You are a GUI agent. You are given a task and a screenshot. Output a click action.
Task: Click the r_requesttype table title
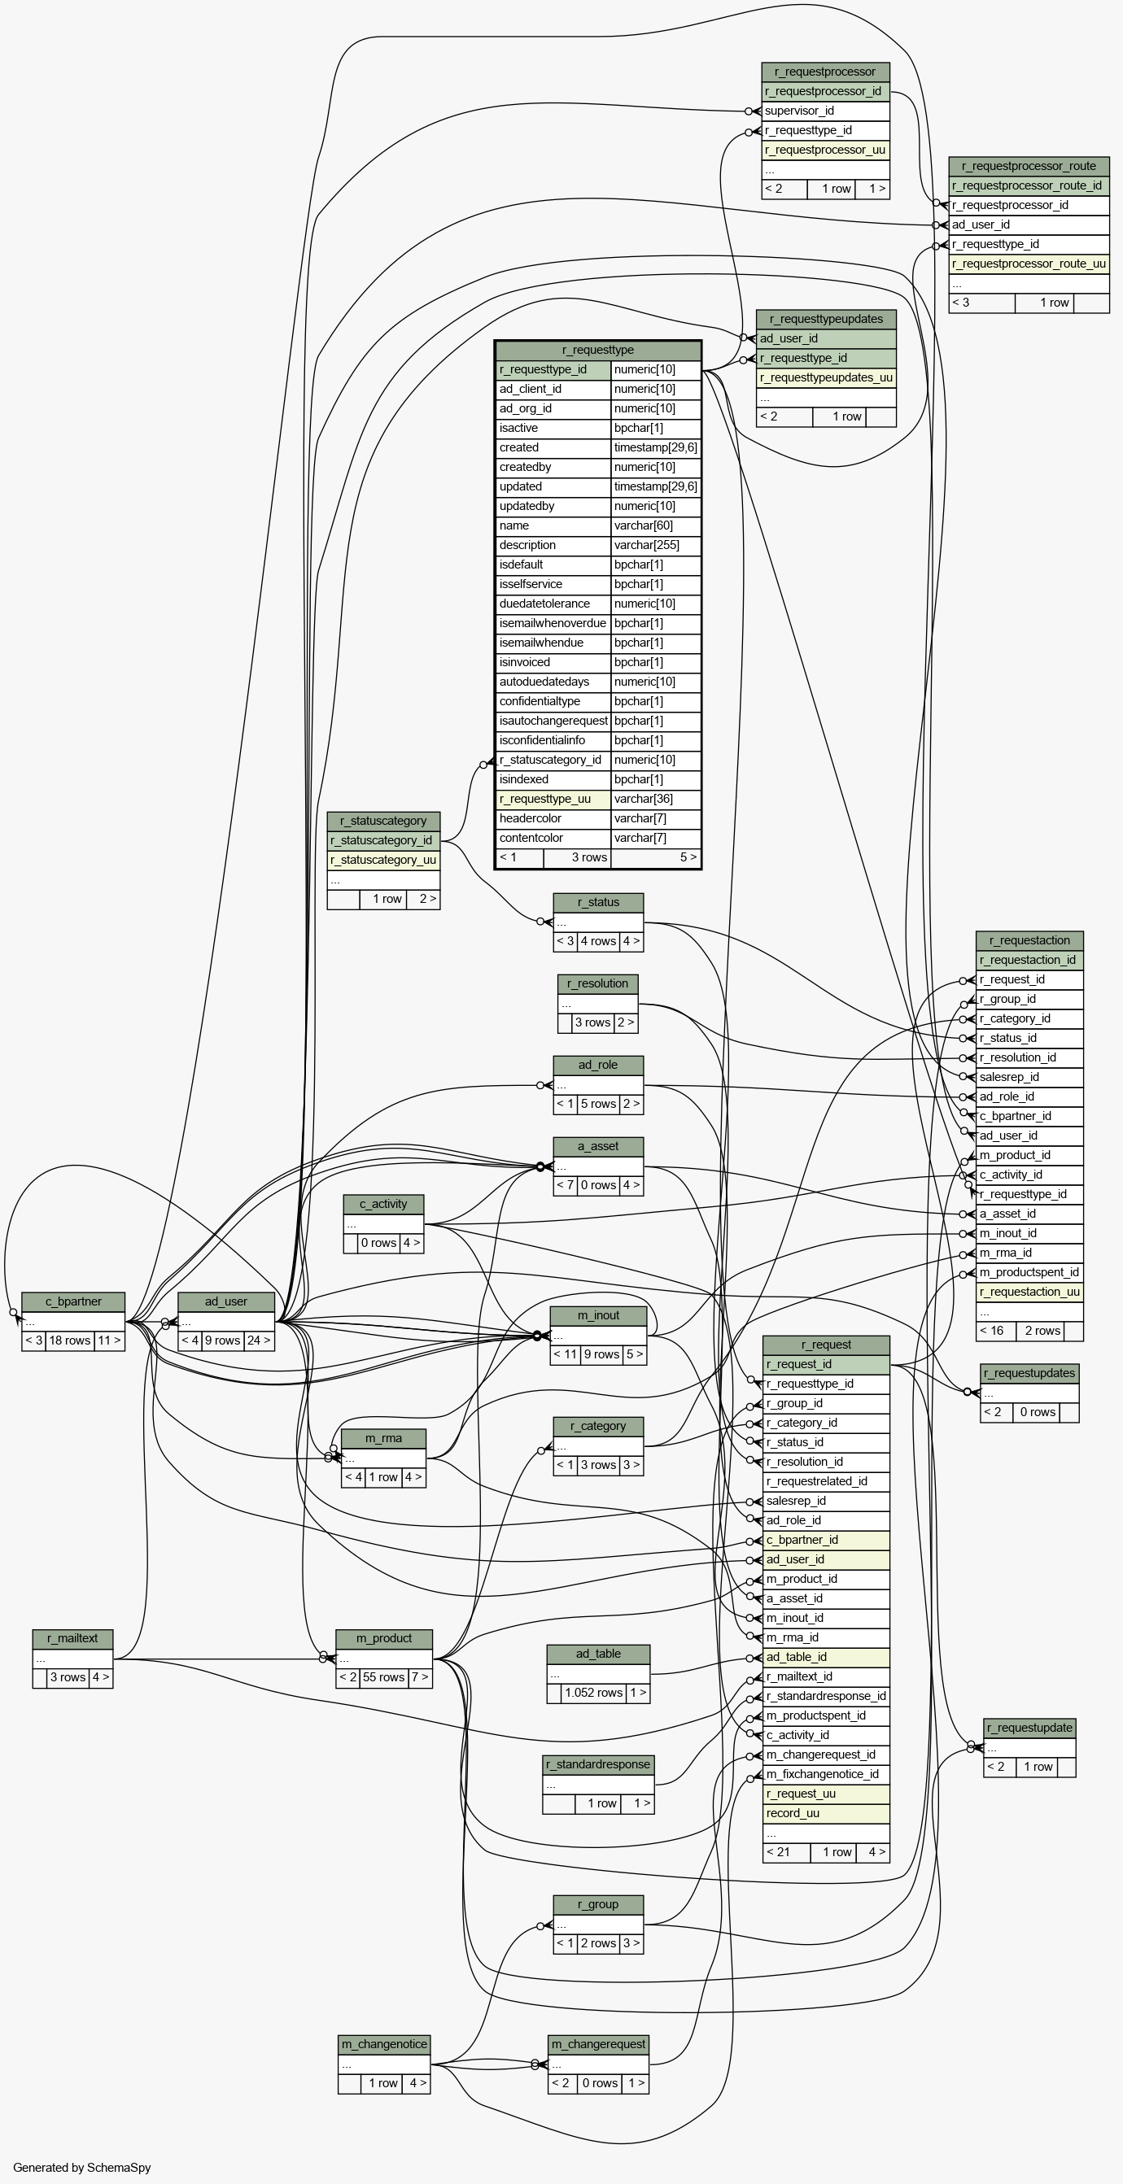(x=598, y=350)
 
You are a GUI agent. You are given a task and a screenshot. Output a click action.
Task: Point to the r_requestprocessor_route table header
(x=1029, y=166)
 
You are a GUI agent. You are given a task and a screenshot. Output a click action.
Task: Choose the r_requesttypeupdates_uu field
(x=826, y=378)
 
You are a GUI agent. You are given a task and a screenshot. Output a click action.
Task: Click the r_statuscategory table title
(x=383, y=822)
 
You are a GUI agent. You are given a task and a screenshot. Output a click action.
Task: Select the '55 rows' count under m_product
(x=383, y=1677)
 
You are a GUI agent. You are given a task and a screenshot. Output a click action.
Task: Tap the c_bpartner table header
(x=73, y=1302)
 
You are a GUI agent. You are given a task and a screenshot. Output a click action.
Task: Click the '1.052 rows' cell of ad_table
(x=594, y=1692)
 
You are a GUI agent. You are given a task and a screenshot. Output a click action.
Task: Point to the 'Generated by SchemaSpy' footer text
(x=81, y=2168)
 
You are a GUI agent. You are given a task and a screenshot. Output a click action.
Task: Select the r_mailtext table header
(x=73, y=1639)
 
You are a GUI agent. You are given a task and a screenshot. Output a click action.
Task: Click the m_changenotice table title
(x=384, y=2044)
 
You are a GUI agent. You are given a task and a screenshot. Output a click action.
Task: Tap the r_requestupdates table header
(x=1029, y=1374)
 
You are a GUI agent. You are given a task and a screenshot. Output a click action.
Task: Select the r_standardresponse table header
(x=598, y=1764)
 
